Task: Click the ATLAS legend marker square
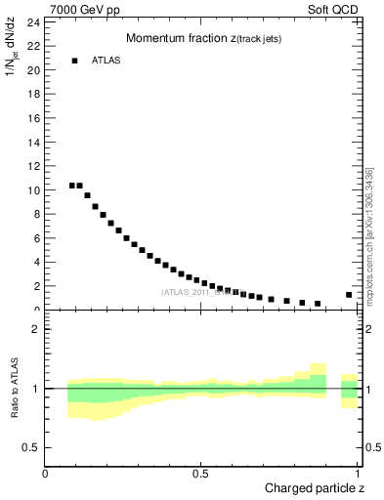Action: pyautogui.click(x=74, y=61)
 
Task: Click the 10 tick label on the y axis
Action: pyautogui.click(x=33, y=189)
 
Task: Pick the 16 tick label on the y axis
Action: pyautogui.click(x=33, y=117)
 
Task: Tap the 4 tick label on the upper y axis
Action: pyautogui.click(x=36, y=262)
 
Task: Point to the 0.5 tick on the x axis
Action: pyautogui.click(x=202, y=473)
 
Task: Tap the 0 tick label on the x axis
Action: pyautogui.click(x=45, y=473)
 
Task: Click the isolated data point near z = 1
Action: pyautogui.click(x=349, y=295)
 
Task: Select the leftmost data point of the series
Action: pyautogui.click(x=72, y=186)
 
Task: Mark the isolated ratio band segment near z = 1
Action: pyautogui.click(x=349, y=390)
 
